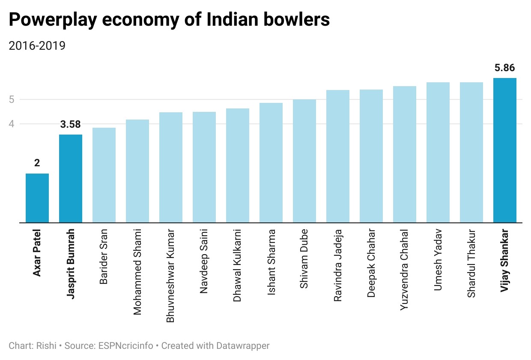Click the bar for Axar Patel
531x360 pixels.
(x=37, y=198)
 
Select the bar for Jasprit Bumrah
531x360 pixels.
(x=71, y=179)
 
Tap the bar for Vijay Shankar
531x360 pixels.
(x=505, y=150)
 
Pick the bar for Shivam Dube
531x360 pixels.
(x=304, y=161)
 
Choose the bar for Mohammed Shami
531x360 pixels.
(x=137, y=171)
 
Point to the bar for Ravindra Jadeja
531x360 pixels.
(x=338, y=156)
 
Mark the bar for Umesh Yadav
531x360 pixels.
(x=438, y=153)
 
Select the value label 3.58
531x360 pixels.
(x=71, y=125)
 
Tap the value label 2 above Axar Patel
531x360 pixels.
(x=37, y=163)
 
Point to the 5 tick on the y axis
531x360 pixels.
(x=12, y=100)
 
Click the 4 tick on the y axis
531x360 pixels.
(x=12, y=124)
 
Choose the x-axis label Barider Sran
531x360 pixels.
(x=104, y=257)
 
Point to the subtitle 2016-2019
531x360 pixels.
(x=37, y=45)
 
